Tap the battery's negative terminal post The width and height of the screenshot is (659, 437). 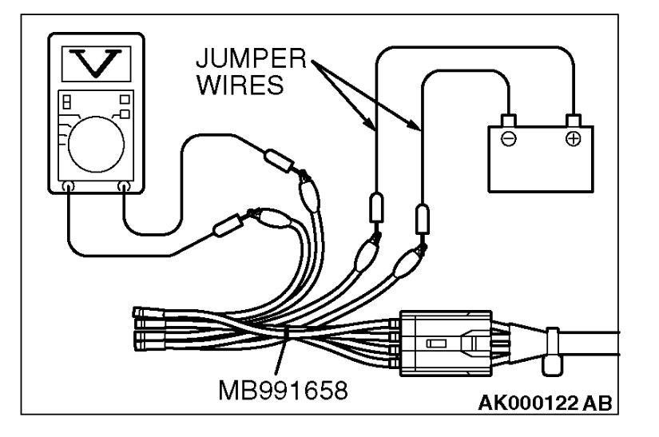coord(507,120)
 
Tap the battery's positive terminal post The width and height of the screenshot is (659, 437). coord(572,120)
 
